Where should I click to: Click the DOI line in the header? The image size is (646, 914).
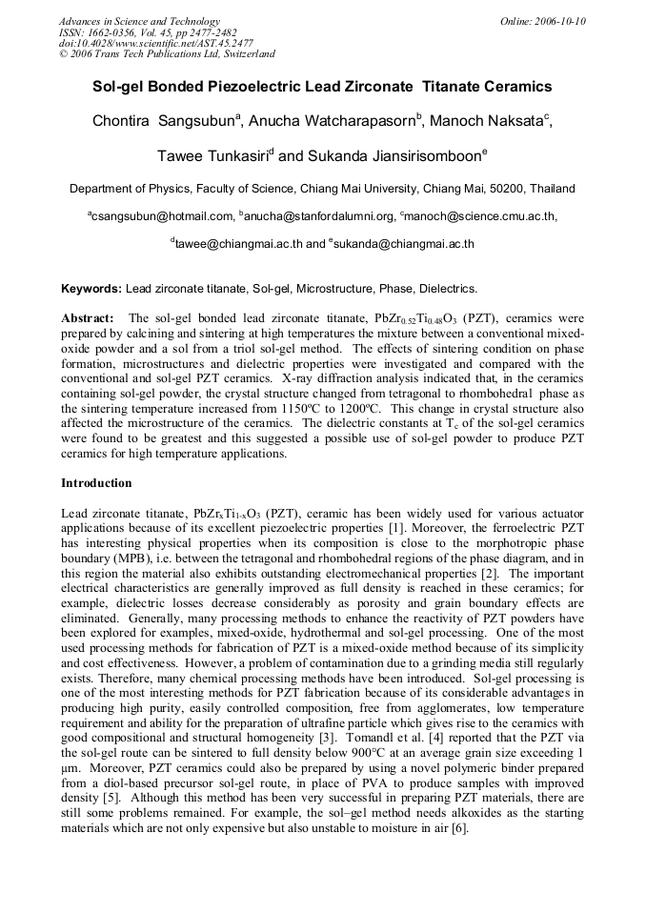coord(156,43)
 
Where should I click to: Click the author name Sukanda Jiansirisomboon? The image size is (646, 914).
coord(394,155)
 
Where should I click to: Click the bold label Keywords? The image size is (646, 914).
coord(91,288)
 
